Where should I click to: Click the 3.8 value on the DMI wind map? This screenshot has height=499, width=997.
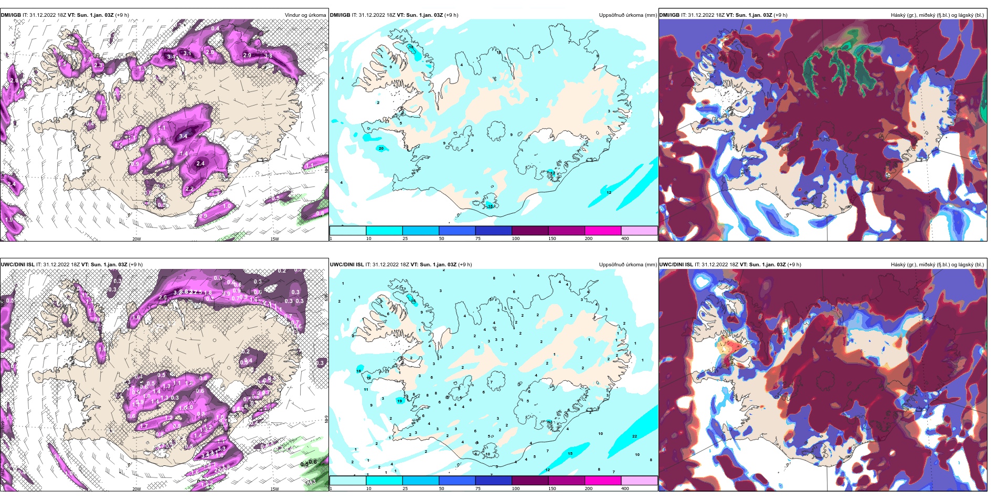(x=268, y=56)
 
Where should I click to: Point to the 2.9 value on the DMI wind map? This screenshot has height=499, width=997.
(x=248, y=55)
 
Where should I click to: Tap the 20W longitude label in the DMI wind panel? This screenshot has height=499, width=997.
(x=136, y=239)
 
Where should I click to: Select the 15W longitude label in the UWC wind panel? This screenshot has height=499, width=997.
(x=274, y=489)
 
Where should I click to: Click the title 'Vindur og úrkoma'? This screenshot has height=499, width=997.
(x=305, y=15)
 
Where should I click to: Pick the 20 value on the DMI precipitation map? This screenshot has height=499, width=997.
(x=381, y=149)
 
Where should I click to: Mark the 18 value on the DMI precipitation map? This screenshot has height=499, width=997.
(x=411, y=47)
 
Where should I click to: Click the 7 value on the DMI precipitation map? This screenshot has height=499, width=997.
(x=569, y=43)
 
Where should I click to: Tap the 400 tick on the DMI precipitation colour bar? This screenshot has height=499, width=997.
(x=625, y=238)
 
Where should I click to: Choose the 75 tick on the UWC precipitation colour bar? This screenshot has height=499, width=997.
(x=478, y=488)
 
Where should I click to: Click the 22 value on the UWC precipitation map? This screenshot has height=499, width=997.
(x=634, y=436)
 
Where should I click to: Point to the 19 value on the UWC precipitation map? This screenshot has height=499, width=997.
(x=400, y=401)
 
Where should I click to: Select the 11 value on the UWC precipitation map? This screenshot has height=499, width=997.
(x=366, y=390)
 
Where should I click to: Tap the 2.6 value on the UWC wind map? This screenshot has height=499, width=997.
(x=163, y=298)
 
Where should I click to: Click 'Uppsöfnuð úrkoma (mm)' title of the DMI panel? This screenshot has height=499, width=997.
(x=628, y=15)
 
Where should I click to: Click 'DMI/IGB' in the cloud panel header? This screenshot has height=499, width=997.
(x=669, y=15)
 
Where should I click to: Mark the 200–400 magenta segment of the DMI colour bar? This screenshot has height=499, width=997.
(x=602, y=231)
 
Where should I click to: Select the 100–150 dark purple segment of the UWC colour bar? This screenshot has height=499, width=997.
(x=529, y=481)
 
